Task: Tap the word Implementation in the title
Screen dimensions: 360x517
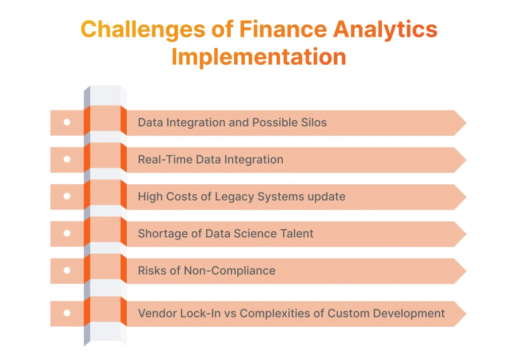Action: click(x=258, y=57)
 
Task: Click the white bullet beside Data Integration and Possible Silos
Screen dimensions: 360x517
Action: click(x=67, y=123)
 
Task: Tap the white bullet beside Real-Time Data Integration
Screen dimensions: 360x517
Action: click(x=67, y=160)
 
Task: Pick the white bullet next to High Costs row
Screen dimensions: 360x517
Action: click(x=67, y=196)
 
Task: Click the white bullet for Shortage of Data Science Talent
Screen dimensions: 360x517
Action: click(x=67, y=234)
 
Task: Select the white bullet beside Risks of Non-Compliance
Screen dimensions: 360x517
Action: click(x=67, y=271)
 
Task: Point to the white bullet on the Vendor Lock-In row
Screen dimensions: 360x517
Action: click(x=67, y=314)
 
